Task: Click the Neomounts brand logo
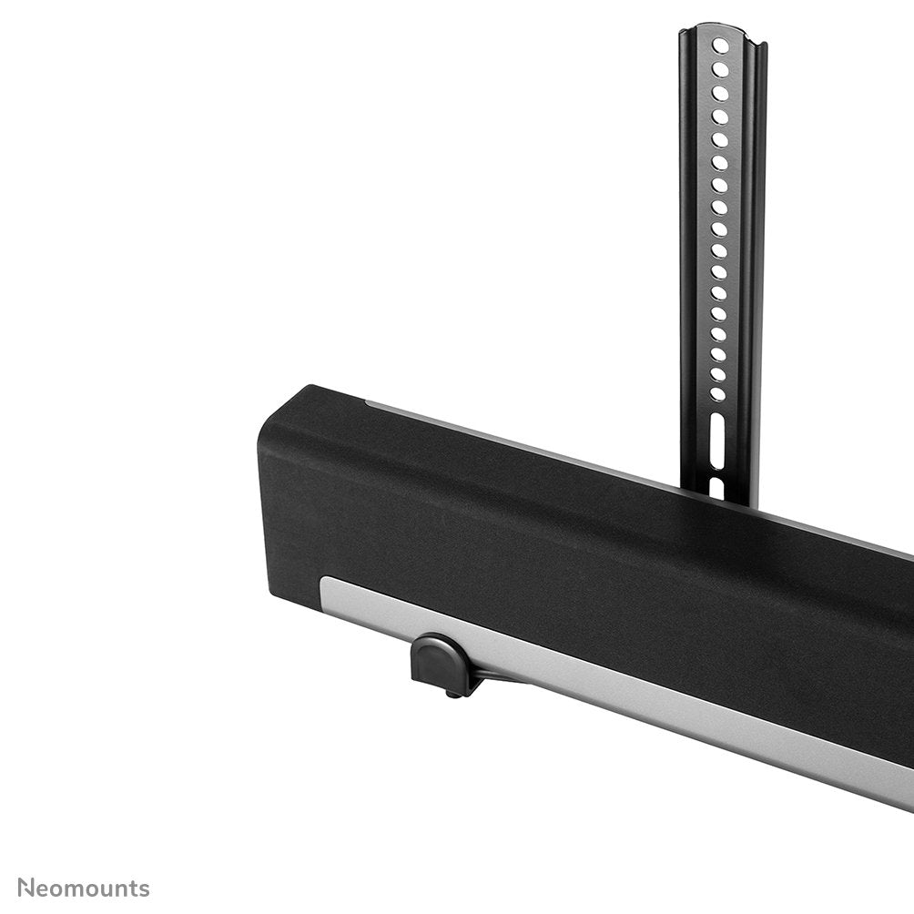tap(84, 888)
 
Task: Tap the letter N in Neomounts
tap(26, 888)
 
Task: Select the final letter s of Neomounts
tap(144, 889)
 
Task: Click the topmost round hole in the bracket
tap(721, 45)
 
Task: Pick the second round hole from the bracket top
tap(721, 69)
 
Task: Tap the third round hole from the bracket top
tap(721, 93)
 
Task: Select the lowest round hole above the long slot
tap(718, 394)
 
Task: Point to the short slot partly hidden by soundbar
tap(716, 487)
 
